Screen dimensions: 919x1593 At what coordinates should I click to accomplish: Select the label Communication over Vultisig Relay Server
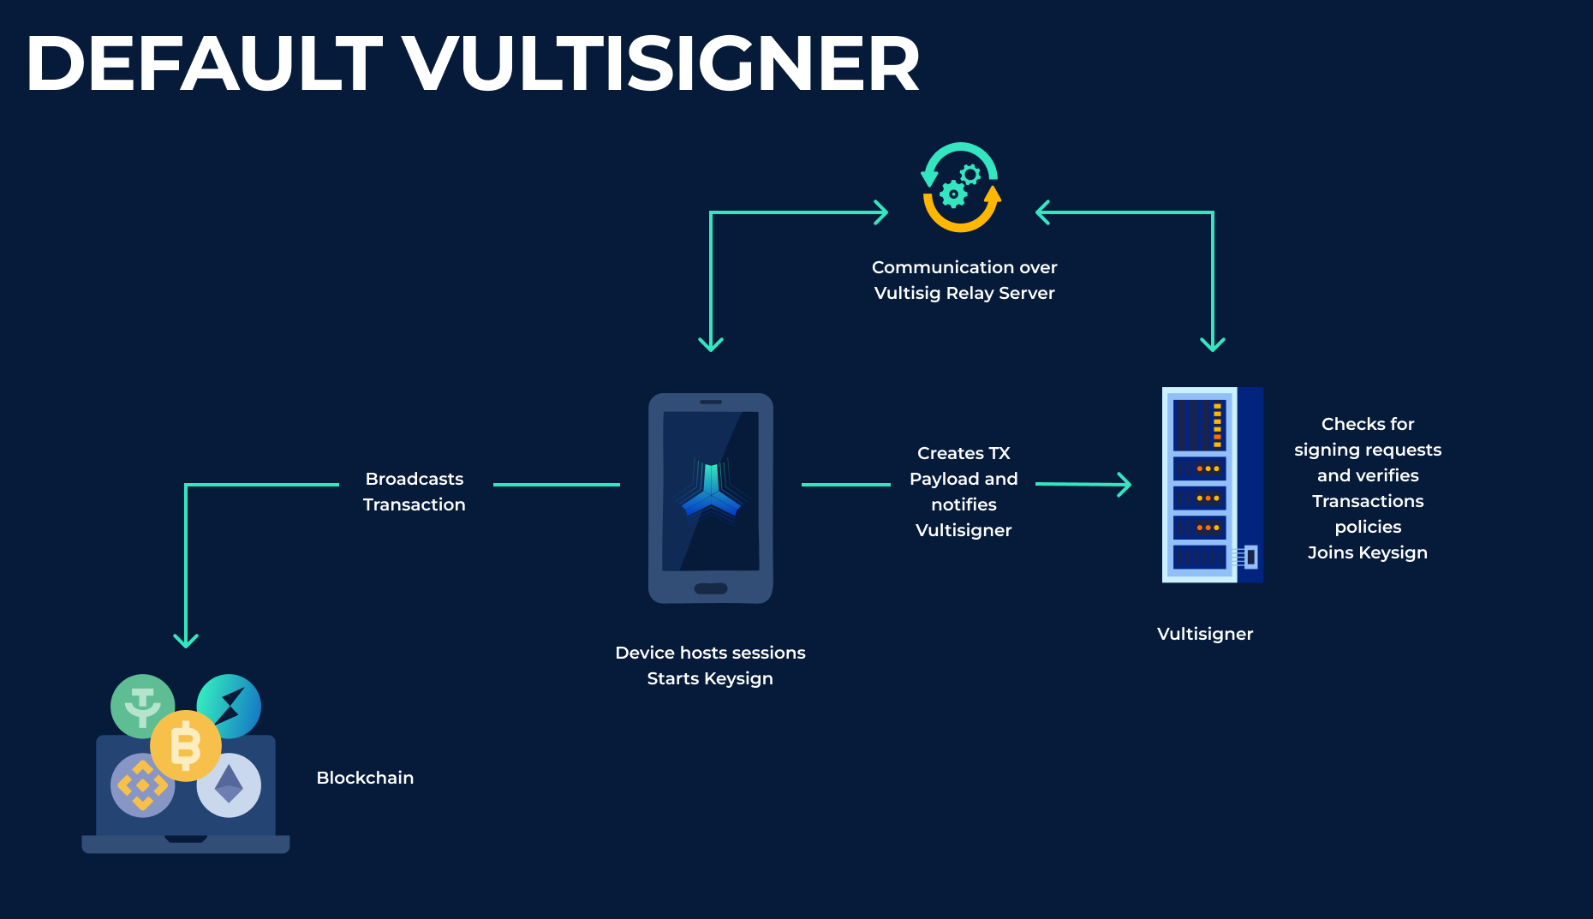click(x=964, y=280)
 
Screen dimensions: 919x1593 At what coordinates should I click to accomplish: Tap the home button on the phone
click(x=710, y=588)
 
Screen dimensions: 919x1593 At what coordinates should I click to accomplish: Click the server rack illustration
click(x=1211, y=485)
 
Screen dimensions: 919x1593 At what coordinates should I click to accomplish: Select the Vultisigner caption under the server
click(x=1204, y=634)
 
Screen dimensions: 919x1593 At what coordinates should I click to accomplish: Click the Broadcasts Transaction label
click(x=415, y=492)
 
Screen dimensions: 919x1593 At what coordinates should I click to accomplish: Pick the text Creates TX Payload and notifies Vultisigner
click(x=964, y=492)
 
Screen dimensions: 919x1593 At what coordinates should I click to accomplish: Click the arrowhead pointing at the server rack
click(x=1124, y=485)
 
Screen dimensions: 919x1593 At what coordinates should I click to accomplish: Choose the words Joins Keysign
click(x=1367, y=552)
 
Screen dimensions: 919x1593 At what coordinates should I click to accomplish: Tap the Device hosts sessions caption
click(x=710, y=653)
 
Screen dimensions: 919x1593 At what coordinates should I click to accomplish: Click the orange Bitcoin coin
click(x=186, y=745)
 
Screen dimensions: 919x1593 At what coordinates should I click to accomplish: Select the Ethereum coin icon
click(x=229, y=785)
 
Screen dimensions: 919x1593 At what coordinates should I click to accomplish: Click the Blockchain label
click(x=365, y=778)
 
